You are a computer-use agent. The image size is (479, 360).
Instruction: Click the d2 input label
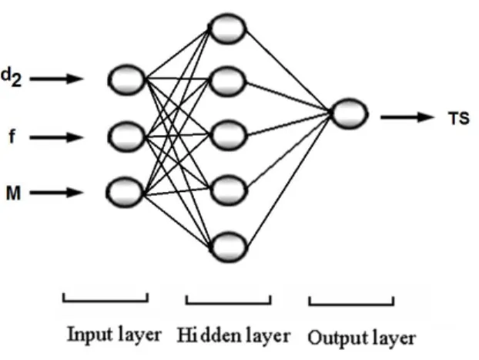pyautogui.click(x=12, y=77)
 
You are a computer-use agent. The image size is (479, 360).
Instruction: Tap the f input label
pyautogui.click(x=12, y=136)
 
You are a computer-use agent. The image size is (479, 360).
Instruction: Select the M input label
pyautogui.click(x=13, y=193)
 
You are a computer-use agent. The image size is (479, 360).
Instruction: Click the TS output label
pyautogui.click(x=458, y=119)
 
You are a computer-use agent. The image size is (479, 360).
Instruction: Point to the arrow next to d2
pyautogui.click(x=56, y=79)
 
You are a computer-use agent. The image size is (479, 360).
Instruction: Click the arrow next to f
pyautogui.click(x=56, y=137)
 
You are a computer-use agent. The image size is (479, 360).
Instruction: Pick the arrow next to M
pyautogui.click(x=56, y=193)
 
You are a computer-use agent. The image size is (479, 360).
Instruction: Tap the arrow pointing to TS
pyautogui.click(x=407, y=117)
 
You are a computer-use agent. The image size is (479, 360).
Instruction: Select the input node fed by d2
pyautogui.click(x=126, y=79)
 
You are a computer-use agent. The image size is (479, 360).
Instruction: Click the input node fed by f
pyautogui.click(x=126, y=136)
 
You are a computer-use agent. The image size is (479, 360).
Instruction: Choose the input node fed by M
pyautogui.click(x=125, y=193)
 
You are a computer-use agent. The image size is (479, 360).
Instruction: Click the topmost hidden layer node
pyautogui.click(x=228, y=29)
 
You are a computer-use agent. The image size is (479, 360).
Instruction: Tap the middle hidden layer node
pyautogui.click(x=228, y=135)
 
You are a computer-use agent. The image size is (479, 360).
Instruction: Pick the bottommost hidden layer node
pyautogui.click(x=228, y=247)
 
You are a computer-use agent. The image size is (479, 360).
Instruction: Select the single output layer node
pyautogui.click(x=349, y=113)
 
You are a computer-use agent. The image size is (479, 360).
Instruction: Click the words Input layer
pyautogui.click(x=114, y=335)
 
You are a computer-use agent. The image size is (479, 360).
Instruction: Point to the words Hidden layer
pyautogui.click(x=233, y=335)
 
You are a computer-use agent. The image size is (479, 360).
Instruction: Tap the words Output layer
pyautogui.click(x=362, y=338)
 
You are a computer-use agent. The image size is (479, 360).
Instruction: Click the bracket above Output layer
pyautogui.click(x=351, y=304)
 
